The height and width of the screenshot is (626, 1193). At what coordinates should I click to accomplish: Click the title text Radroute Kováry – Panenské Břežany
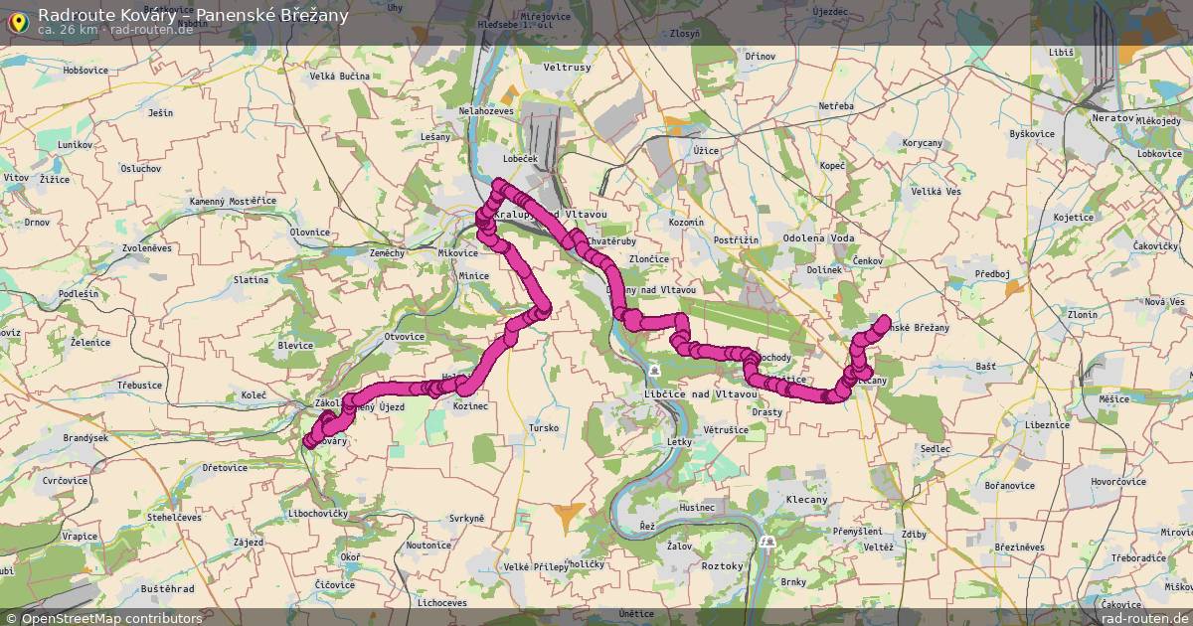(193, 14)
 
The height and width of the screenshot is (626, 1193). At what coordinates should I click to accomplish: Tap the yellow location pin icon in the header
(17, 19)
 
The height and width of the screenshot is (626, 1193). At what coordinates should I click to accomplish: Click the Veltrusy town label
(568, 68)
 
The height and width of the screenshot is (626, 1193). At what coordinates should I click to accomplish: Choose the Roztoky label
(722, 565)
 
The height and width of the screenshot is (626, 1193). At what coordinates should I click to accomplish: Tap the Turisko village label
(544, 427)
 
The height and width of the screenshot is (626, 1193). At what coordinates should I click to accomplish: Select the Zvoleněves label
(146, 247)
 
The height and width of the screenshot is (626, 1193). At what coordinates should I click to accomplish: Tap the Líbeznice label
(1047, 424)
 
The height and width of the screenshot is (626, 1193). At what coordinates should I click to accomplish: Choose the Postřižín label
(736, 240)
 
